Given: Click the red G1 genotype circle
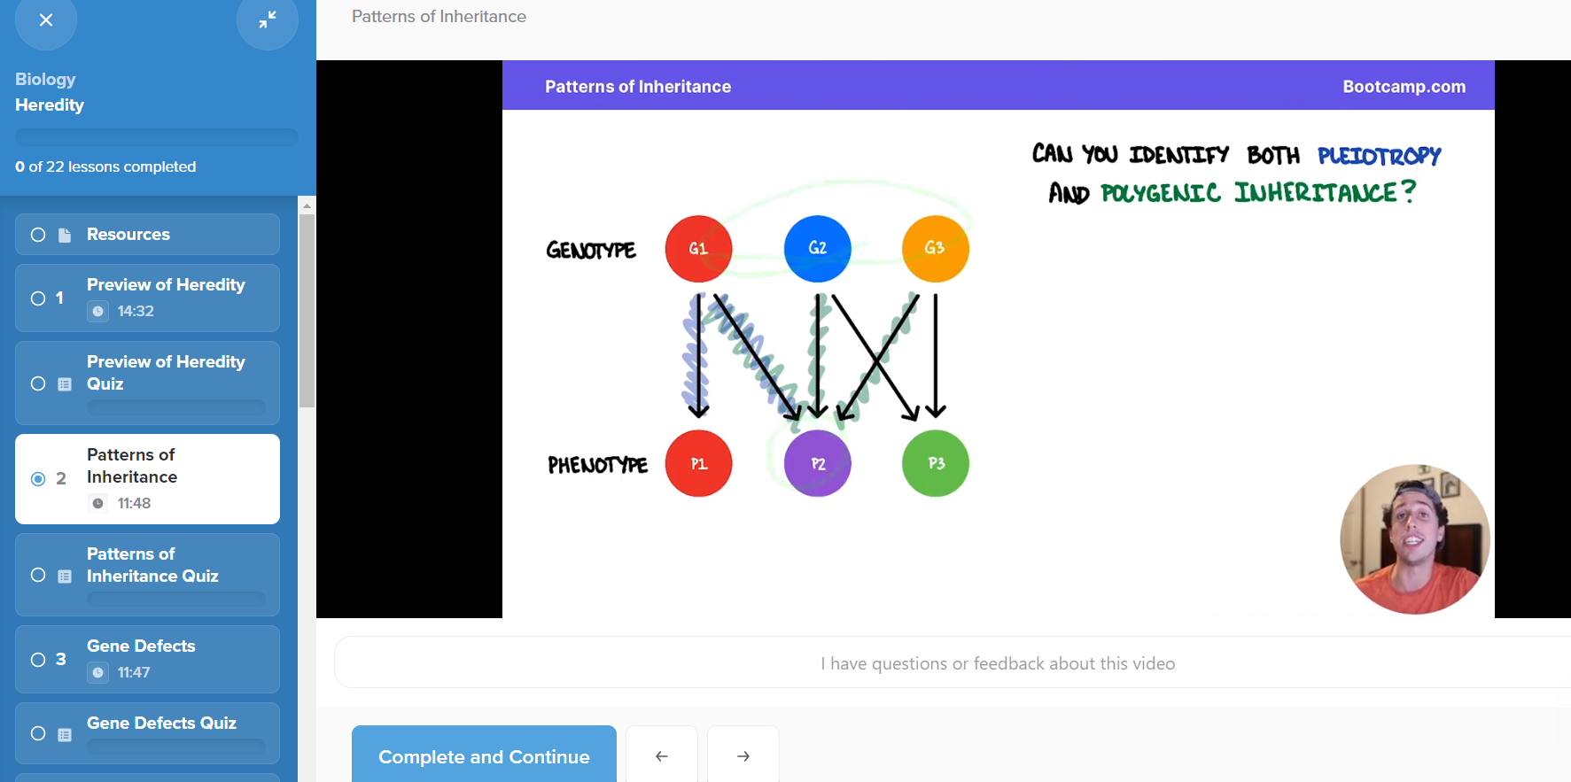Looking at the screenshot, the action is pyautogui.click(x=698, y=249).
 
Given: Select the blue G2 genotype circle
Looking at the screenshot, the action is pyautogui.click(x=817, y=249).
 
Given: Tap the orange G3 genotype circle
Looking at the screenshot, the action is pyautogui.click(x=935, y=249).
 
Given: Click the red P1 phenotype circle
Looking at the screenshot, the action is pyautogui.click(x=698, y=463).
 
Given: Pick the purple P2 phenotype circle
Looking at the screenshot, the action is pyautogui.click(x=817, y=463).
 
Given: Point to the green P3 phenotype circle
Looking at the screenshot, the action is pyautogui.click(x=935, y=463).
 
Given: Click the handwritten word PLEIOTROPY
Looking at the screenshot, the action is pyautogui.click(x=1379, y=156).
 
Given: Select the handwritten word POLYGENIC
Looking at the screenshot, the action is pyautogui.click(x=1161, y=193).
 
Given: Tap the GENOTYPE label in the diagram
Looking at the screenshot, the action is pyautogui.click(x=591, y=251).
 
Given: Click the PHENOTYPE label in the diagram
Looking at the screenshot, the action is pyautogui.click(x=597, y=465).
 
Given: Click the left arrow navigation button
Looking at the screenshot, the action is pyautogui.click(x=662, y=756).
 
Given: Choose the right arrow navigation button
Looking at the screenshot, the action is pyautogui.click(x=743, y=756).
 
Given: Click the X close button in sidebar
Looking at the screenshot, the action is pyautogui.click(x=46, y=19).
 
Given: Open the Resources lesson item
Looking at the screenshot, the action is pyautogui.click(x=147, y=235).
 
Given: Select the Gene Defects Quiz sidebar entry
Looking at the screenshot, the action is pyautogui.click(x=147, y=733).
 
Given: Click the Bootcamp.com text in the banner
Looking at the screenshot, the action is pyautogui.click(x=1404, y=87).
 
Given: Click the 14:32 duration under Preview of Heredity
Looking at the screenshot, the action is pyautogui.click(x=136, y=311).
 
